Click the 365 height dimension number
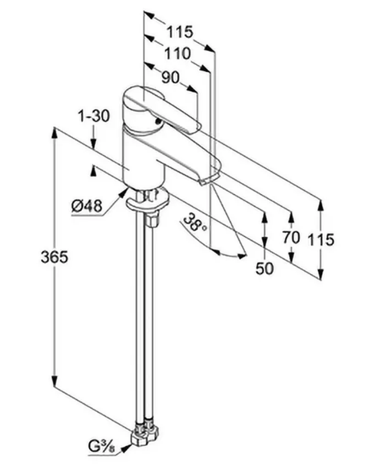click(55, 257)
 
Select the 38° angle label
click(195, 223)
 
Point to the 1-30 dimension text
click(93, 116)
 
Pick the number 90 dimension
click(169, 78)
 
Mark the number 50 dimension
click(265, 268)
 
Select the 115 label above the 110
click(179, 31)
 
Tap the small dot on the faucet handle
click(157, 120)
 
